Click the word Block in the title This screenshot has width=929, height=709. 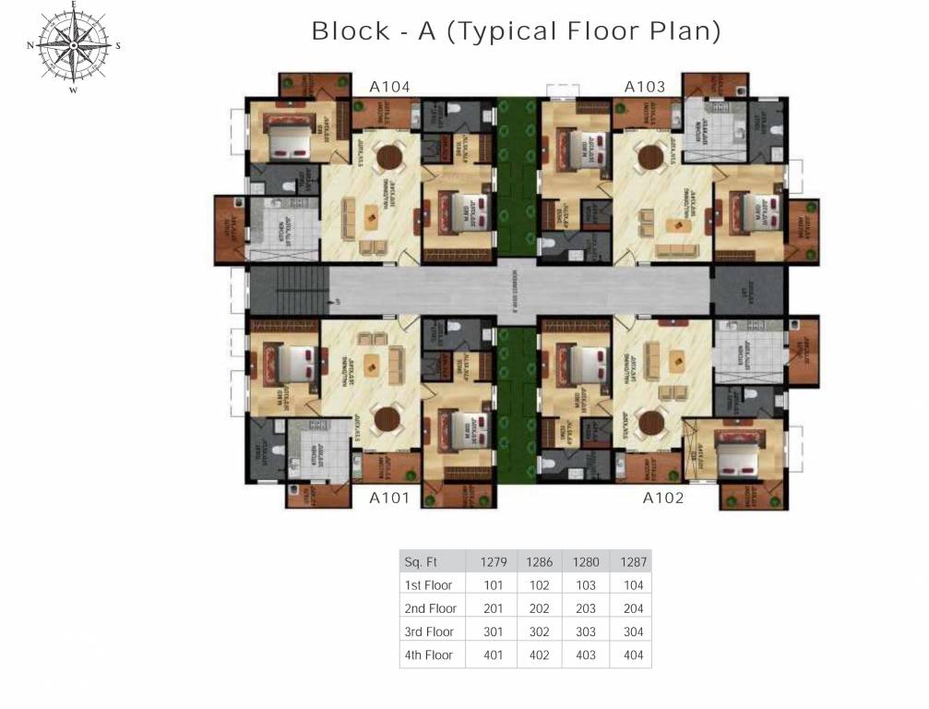click(x=351, y=30)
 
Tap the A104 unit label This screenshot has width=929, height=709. click(x=389, y=87)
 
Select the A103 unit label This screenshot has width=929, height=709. click(x=645, y=87)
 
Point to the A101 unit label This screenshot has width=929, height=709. click(x=389, y=499)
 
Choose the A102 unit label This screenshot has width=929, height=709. click(x=663, y=499)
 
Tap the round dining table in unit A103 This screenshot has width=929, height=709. click(x=653, y=155)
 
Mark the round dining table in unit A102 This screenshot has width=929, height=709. click(x=653, y=422)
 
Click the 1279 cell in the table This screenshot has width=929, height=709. click(x=494, y=561)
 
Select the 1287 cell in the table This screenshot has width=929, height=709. click(x=634, y=561)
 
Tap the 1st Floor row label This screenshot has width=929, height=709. click(x=429, y=585)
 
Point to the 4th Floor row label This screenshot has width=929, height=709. click(x=429, y=655)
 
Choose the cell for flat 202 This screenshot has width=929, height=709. click(x=540, y=608)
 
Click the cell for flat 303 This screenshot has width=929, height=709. click(x=586, y=632)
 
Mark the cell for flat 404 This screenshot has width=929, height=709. click(x=634, y=655)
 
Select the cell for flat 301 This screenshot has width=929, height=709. click(x=494, y=632)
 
